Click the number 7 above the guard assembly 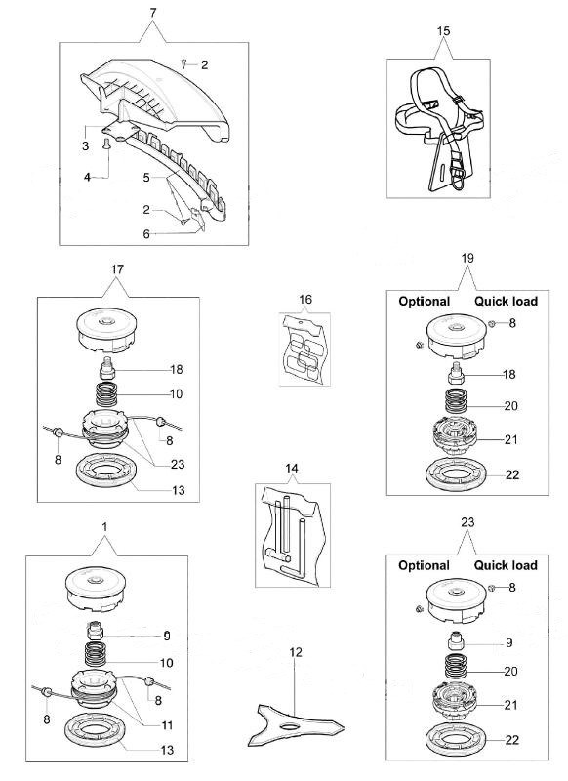pos(153,14)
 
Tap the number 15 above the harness pos(443,31)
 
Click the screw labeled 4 pos(106,144)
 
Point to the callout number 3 pos(85,145)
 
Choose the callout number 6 pos(146,234)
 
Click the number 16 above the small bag pos(305,300)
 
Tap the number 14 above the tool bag pos(292,469)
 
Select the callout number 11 pos(167,725)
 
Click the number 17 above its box pos(117,269)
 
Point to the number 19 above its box pos(467,259)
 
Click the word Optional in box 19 pos(425,302)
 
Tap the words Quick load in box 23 pos(506,565)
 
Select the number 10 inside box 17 pos(177,394)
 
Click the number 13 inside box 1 pos(167,750)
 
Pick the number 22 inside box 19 pos(512,474)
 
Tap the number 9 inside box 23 pos(508,642)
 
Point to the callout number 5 pos(146,178)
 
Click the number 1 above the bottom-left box pos(104,527)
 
